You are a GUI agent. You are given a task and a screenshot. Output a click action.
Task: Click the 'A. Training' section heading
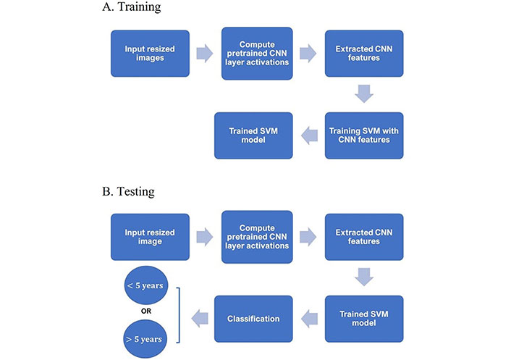click(x=131, y=7)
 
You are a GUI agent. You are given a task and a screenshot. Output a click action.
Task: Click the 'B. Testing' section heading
click(x=128, y=191)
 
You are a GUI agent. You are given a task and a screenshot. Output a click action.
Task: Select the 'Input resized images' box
click(x=150, y=54)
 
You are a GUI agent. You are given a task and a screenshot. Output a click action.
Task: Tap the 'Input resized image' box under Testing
click(x=150, y=237)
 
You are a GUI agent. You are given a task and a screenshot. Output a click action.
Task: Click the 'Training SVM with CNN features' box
click(x=364, y=135)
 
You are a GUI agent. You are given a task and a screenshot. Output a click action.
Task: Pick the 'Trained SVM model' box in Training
click(x=253, y=135)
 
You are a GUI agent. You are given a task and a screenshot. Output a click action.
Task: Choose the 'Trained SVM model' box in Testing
click(x=364, y=319)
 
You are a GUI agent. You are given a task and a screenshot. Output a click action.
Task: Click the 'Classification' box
click(x=253, y=319)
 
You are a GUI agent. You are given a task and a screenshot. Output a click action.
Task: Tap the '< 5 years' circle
click(x=146, y=285)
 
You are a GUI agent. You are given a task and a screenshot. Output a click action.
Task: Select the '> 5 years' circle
click(x=145, y=339)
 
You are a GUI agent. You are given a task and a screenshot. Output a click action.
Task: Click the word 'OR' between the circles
click(x=146, y=311)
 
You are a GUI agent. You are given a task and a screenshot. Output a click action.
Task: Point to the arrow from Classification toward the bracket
click(x=200, y=319)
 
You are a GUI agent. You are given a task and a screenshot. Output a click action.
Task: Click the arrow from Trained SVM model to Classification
click(x=309, y=319)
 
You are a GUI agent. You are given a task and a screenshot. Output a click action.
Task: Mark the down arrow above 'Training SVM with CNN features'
click(x=364, y=94)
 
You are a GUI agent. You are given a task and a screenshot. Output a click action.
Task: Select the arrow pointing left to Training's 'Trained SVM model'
click(x=309, y=135)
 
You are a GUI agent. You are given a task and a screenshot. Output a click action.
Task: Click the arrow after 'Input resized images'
click(x=205, y=53)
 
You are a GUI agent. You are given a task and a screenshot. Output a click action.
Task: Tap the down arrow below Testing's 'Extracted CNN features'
click(x=364, y=277)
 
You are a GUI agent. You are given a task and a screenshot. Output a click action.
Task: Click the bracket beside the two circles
click(x=180, y=315)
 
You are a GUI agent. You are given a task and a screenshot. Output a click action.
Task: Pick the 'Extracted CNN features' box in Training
click(x=364, y=54)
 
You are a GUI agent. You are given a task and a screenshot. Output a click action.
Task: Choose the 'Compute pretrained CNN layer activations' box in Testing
click(x=257, y=237)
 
